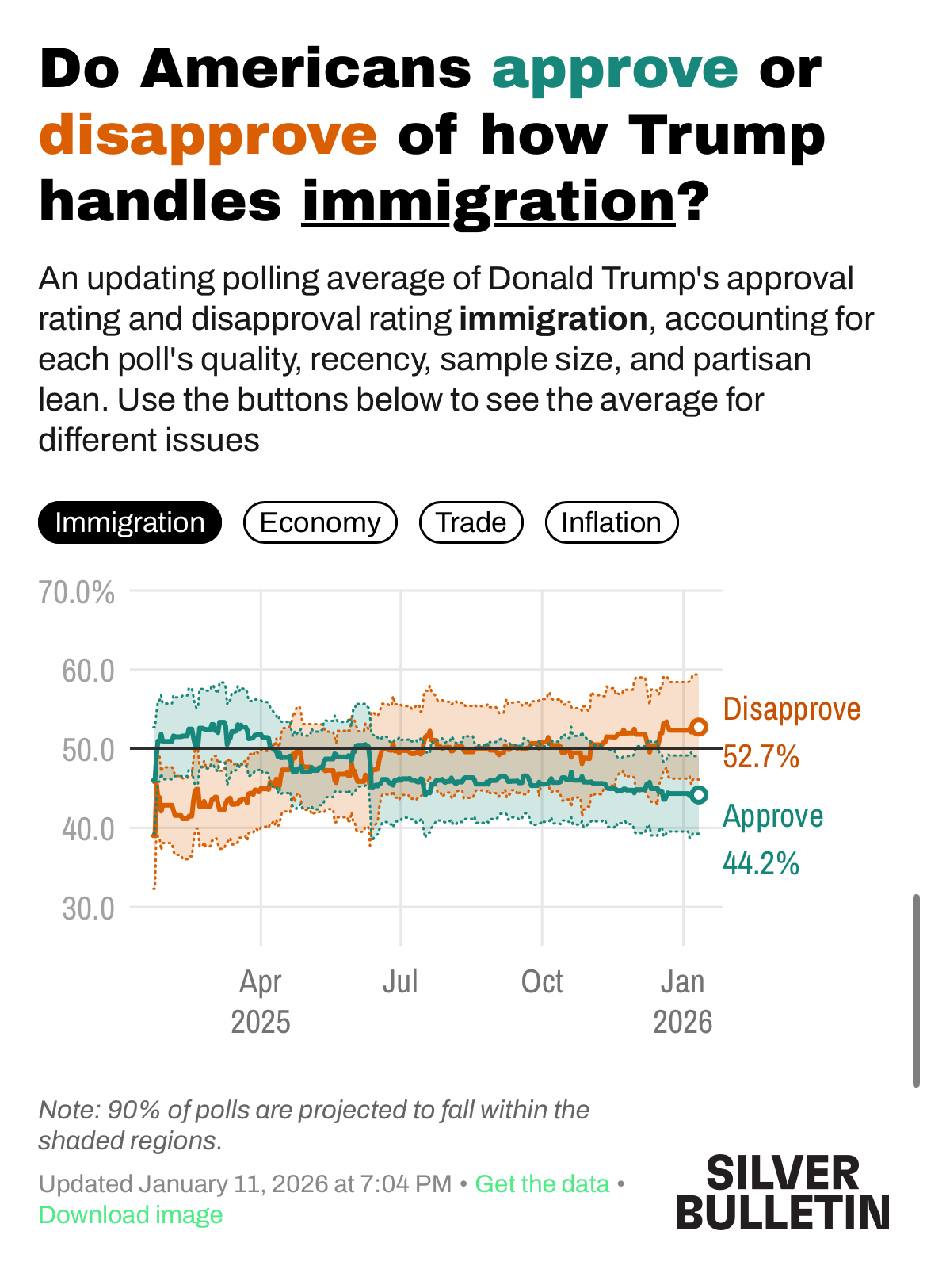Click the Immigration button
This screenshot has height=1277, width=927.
point(130,523)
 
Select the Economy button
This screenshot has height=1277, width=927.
point(320,523)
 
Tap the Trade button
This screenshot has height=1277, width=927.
point(471,523)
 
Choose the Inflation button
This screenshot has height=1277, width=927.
point(611,523)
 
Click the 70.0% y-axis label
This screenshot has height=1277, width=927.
point(77,592)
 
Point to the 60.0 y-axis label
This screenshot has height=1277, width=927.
point(88,671)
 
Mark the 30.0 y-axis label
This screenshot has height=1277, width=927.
point(88,908)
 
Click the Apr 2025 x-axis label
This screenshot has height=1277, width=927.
point(261,1001)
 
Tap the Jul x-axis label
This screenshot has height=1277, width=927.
point(400,982)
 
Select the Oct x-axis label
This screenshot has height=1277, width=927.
point(542,982)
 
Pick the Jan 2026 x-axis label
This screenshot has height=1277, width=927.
point(682,1001)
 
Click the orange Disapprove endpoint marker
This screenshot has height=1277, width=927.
point(699,727)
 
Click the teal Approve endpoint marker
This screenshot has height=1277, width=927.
point(699,795)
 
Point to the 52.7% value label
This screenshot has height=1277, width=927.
point(761,757)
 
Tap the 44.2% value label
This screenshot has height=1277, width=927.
point(761,862)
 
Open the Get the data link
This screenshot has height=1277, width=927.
point(542,1184)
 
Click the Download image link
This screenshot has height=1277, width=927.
point(131,1215)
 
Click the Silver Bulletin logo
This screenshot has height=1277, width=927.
point(783,1192)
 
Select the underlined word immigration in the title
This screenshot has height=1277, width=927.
point(488,201)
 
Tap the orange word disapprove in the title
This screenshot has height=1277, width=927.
point(208,135)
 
